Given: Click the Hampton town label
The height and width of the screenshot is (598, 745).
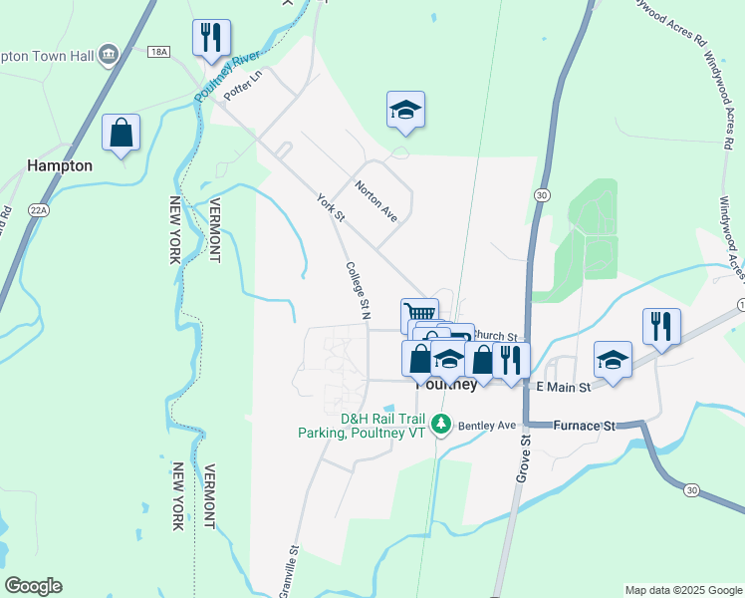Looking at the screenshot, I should tap(61, 165).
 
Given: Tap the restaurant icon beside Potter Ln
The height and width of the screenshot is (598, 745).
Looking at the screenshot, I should tap(211, 38).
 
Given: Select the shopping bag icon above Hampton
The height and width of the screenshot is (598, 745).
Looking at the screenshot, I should tap(121, 133).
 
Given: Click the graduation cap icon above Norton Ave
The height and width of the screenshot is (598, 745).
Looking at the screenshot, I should tap(405, 110).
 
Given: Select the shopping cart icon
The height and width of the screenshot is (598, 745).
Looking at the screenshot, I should tap(419, 311).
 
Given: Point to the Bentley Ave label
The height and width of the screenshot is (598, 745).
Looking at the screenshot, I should tap(493, 426).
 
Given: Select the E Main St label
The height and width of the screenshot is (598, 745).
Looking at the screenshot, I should tap(564, 386).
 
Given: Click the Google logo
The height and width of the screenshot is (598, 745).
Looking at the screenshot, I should tap(33, 586).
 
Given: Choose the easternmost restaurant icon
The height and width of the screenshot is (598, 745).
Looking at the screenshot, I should tap(661, 326).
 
